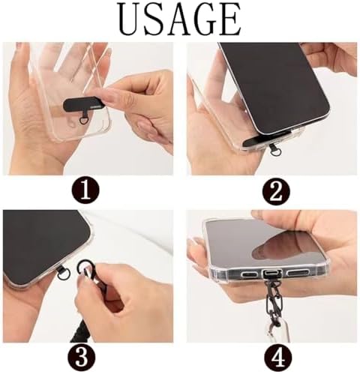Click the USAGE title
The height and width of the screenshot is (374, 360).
pyautogui.click(x=180, y=19)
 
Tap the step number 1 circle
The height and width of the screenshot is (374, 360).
pyautogui.click(x=86, y=191)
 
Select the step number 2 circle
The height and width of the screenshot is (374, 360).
pyautogui.click(x=276, y=192)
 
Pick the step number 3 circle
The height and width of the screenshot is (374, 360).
pyautogui.click(x=82, y=358)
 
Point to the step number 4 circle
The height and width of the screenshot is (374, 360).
pyautogui.click(x=277, y=358)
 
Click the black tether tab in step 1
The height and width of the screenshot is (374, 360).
pyautogui.click(x=84, y=103)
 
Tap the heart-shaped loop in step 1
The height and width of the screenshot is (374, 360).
pyautogui.click(x=82, y=121)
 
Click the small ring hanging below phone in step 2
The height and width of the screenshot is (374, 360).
pyautogui.click(x=274, y=151)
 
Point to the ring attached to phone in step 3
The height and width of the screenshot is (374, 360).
pyautogui.click(x=61, y=276)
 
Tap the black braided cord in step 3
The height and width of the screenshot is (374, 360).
pyautogui.click(x=80, y=330)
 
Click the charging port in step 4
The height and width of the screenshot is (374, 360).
pyautogui.click(x=272, y=273)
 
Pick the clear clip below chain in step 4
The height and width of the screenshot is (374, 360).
pyautogui.click(x=277, y=331)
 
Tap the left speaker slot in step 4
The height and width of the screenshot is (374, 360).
pyautogui.click(x=250, y=274)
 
